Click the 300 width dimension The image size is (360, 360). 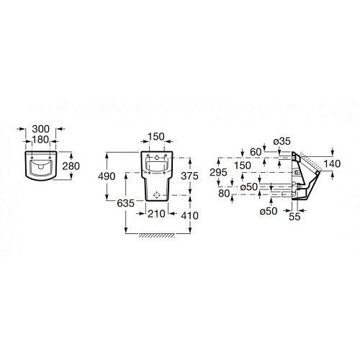click(x=41, y=129)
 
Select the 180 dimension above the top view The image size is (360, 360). click(x=41, y=140)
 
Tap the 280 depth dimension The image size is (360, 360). click(x=71, y=166)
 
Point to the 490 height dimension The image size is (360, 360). click(x=107, y=176)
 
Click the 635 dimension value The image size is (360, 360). click(x=126, y=203)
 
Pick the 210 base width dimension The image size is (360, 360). click(x=156, y=214)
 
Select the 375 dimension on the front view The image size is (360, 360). click(x=189, y=176)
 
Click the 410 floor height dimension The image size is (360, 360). click(x=189, y=215)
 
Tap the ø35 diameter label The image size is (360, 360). click(x=282, y=141)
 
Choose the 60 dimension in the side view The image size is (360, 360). click(x=256, y=152)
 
